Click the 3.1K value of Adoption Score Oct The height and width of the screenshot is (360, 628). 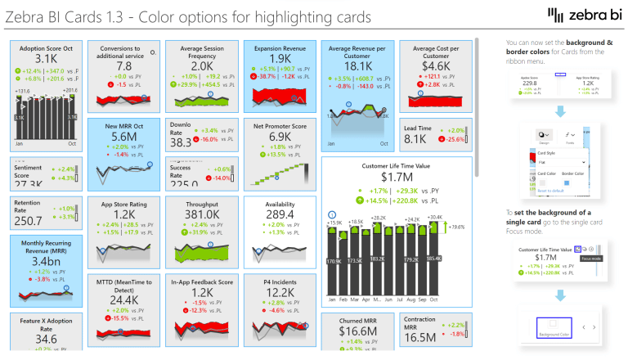[38, 59]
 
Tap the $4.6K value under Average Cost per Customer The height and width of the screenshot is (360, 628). [436, 65]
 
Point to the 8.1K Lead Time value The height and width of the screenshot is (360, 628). [415, 139]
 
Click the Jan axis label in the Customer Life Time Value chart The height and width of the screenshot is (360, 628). [332, 300]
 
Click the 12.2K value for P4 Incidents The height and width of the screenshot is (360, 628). [280, 293]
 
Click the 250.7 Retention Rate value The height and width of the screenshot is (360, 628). [28, 221]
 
